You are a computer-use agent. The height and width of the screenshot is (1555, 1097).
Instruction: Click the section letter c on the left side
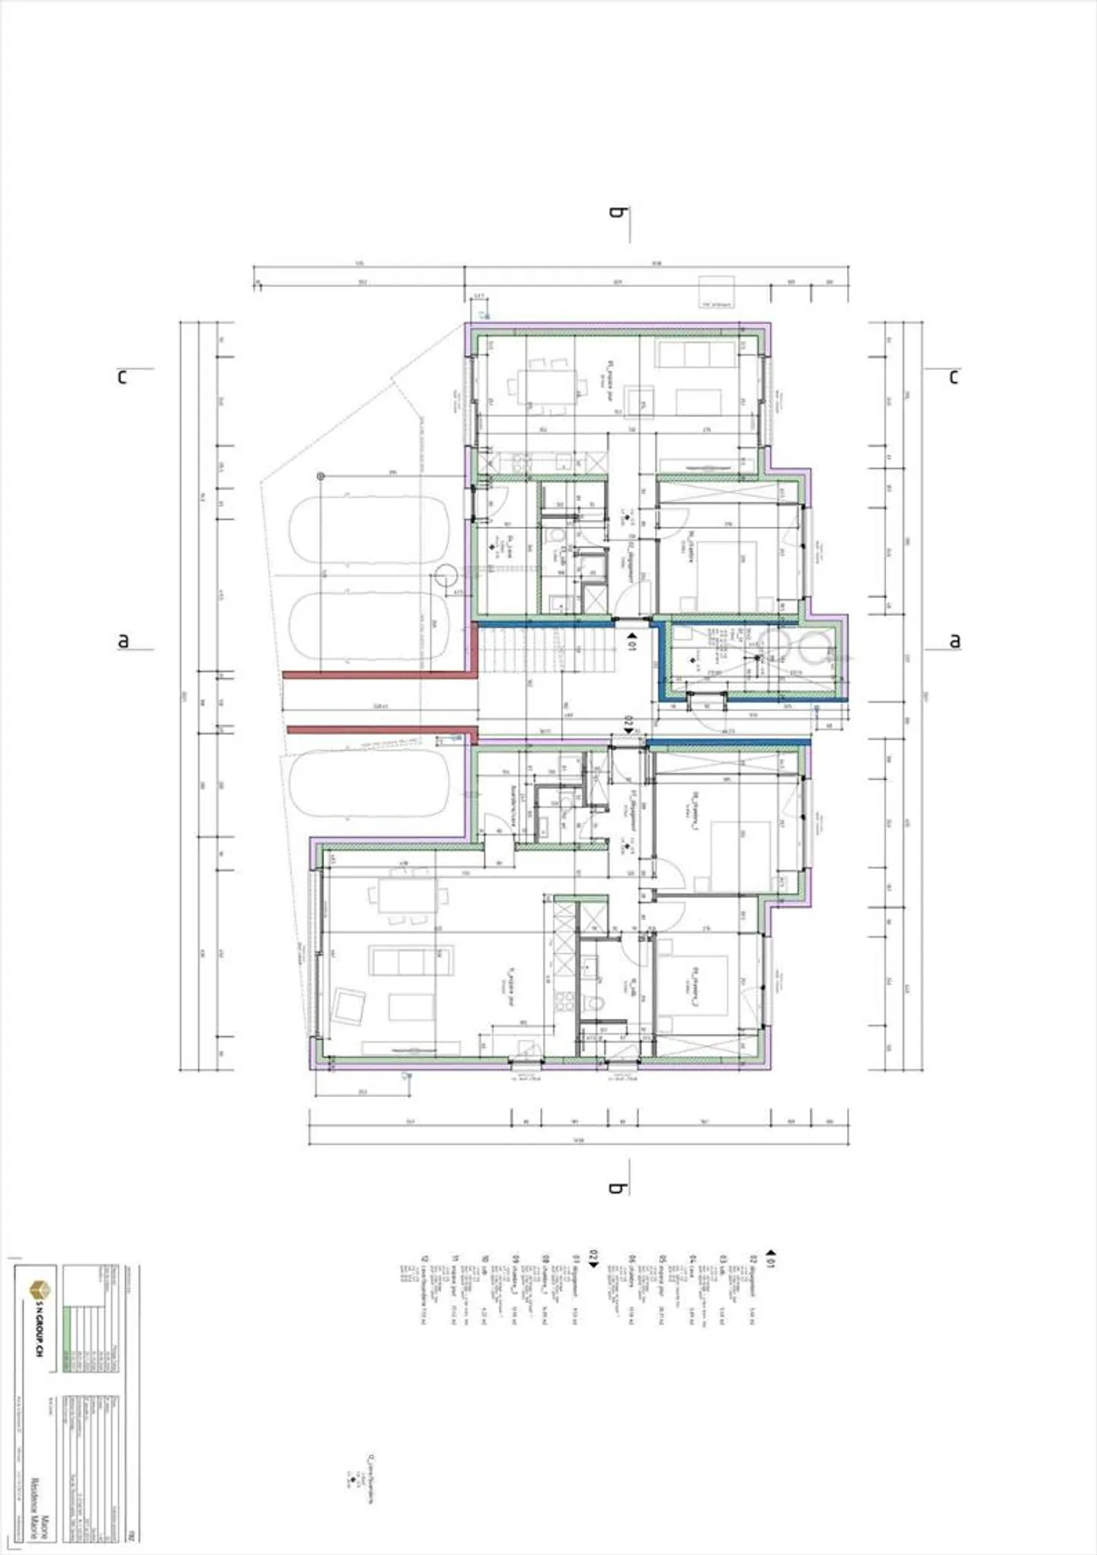tap(122, 377)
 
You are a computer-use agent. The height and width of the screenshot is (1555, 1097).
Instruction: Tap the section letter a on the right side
tap(955, 641)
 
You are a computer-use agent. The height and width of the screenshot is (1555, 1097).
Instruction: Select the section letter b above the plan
tap(616, 212)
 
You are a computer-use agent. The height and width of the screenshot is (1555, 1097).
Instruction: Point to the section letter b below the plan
tap(616, 1187)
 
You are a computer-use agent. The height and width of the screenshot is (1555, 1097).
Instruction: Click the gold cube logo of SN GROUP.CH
tap(39, 1290)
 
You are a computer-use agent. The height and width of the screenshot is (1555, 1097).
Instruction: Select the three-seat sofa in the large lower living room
tap(411, 960)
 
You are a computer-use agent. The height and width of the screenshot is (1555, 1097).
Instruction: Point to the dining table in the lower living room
tap(408, 896)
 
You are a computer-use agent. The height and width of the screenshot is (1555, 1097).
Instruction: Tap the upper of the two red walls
tap(376, 674)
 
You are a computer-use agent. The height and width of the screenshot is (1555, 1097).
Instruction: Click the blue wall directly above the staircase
tap(545, 623)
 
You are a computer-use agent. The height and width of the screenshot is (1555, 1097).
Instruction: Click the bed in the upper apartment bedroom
tap(728, 564)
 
